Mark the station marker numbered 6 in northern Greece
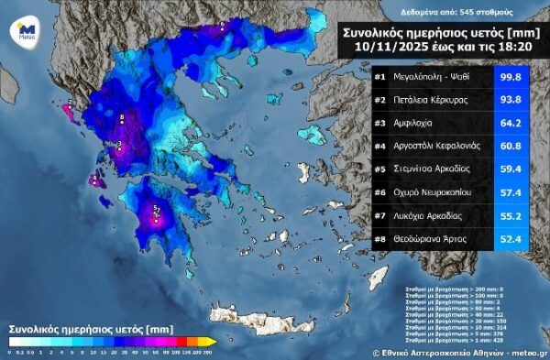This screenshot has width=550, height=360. point(223,27)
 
